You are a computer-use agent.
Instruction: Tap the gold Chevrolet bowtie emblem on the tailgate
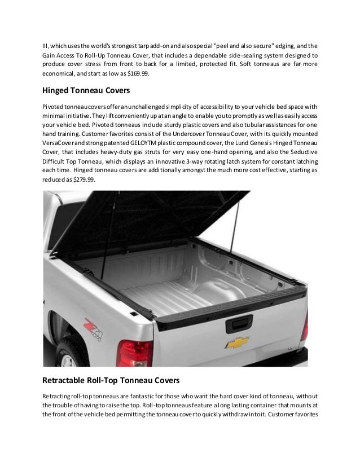coord(236,342)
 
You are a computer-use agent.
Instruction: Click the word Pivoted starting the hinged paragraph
coord(55,107)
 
